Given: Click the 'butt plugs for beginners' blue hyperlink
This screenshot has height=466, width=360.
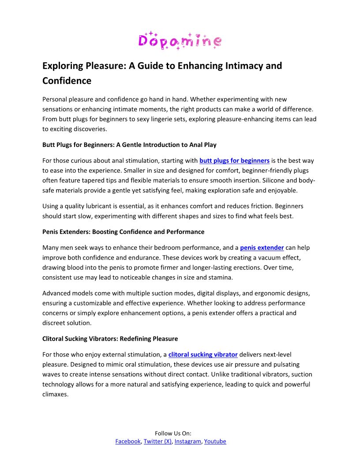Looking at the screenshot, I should tap(234, 161).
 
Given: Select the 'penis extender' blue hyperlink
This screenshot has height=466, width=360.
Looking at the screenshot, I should tap(262, 248).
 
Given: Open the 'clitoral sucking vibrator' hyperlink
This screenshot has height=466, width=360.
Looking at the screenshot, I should tap(203, 354).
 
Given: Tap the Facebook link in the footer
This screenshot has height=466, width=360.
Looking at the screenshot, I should tap(128, 441).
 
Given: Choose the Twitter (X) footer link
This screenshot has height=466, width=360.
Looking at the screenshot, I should tap(157, 441).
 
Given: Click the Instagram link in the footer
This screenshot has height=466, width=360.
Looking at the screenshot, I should tap(188, 441).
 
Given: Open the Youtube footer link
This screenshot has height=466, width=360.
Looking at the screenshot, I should tap(215, 441).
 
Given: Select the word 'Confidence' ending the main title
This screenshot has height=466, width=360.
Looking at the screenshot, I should tap(67, 81).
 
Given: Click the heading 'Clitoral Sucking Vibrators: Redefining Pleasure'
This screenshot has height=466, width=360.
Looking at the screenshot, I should tap(110, 339).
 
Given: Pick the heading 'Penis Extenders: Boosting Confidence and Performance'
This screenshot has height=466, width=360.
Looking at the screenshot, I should tap(123, 232).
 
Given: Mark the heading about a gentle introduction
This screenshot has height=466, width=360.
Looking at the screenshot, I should tap(129, 145).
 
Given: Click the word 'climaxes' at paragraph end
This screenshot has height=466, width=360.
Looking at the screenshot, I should tap(55, 394).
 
